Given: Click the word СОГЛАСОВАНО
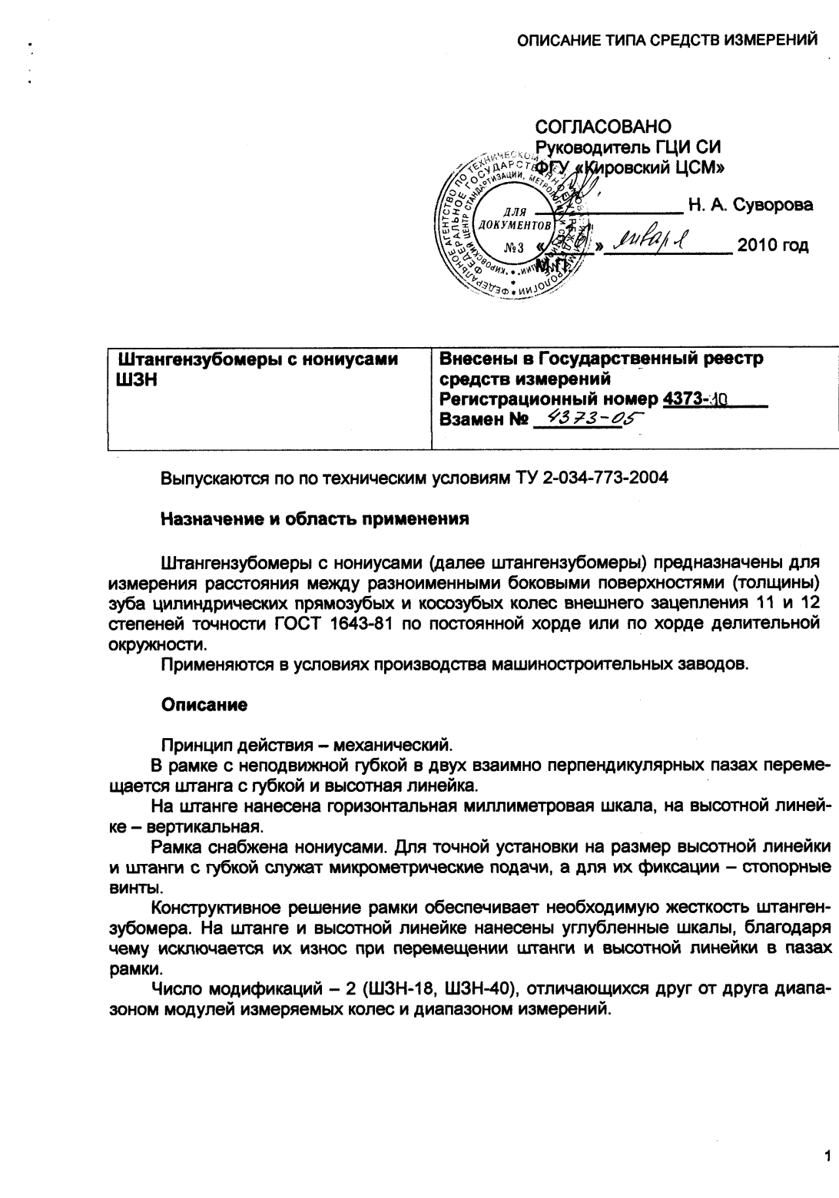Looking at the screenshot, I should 602,126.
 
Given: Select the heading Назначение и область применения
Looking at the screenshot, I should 314,518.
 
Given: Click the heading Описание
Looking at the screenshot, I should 204,704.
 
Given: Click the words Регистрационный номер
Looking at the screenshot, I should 548,399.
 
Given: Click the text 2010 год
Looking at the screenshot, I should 772,246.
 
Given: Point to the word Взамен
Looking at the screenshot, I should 472,419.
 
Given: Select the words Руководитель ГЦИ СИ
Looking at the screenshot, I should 628,147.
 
